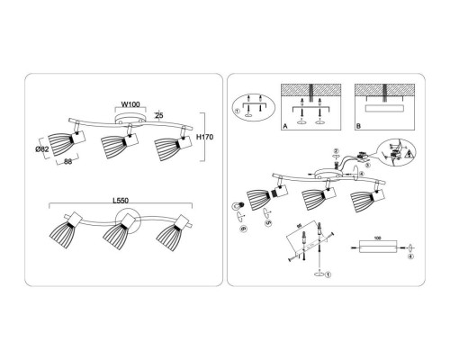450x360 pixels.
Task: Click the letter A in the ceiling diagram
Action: click(285, 128)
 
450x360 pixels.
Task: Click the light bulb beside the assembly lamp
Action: click(240, 206)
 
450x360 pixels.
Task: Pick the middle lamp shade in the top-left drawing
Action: click(113, 148)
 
